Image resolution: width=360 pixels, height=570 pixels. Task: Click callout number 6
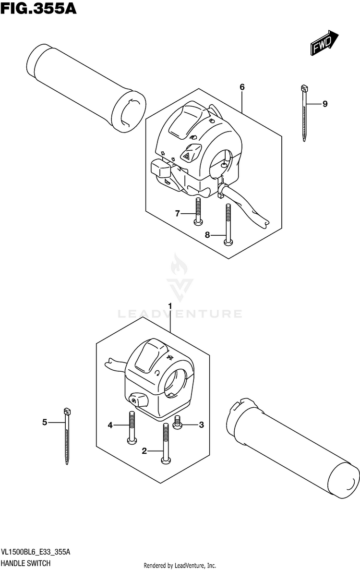coord(242,87)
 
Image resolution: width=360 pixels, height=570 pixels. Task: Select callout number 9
coord(325,104)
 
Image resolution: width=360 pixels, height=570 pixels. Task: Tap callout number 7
coord(177,213)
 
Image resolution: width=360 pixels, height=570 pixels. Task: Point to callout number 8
coord(207,235)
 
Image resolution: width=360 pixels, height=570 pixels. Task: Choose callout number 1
coord(170,305)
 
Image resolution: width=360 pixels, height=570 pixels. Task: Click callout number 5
coord(45,423)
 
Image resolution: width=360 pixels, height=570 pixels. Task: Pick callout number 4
coord(110,425)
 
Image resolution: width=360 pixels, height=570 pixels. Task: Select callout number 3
coord(202,424)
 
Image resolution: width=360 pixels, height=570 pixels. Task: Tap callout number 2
coord(144,450)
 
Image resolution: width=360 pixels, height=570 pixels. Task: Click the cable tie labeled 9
coord(304,113)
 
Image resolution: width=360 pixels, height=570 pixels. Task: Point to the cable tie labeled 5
coord(66,435)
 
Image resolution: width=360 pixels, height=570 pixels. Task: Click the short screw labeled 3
coord(177,423)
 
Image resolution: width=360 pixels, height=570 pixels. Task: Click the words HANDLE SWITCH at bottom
coord(26,562)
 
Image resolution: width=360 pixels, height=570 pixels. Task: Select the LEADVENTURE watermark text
coord(180,314)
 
